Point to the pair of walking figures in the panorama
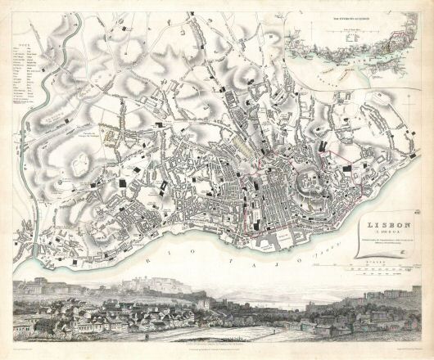tap(147, 335)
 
